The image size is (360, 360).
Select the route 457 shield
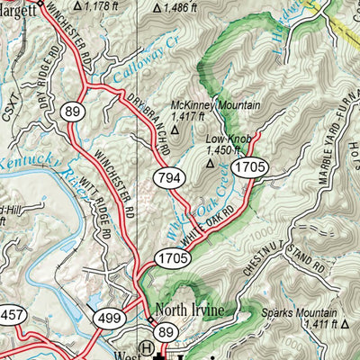point(10,316)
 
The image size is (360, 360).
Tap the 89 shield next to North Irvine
point(166,332)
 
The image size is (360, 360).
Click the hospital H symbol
point(144,348)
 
